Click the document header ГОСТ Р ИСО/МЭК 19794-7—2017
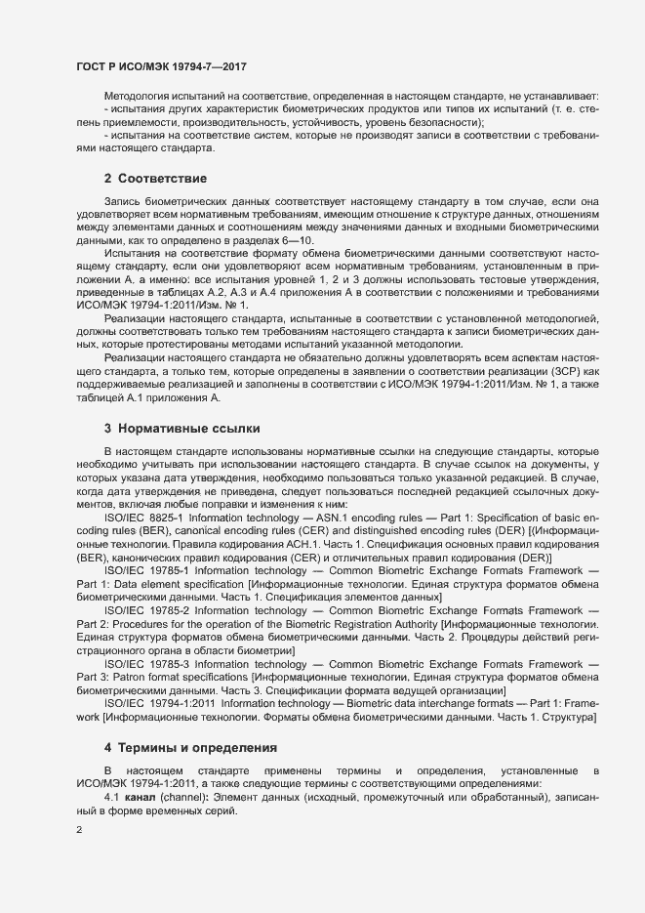coord(161,65)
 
